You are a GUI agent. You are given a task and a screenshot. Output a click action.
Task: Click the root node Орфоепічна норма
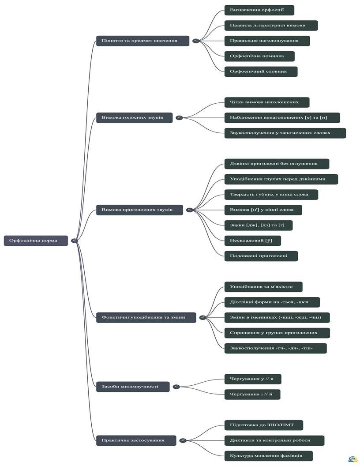tap(36, 241)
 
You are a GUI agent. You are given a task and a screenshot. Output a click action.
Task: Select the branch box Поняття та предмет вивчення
tap(142, 41)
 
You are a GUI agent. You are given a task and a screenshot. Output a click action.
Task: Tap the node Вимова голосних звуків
tap(134, 118)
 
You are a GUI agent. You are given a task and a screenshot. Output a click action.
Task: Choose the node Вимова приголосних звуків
tap(139, 210)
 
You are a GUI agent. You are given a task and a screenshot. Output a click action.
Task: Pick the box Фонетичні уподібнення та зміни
tap(146, 317)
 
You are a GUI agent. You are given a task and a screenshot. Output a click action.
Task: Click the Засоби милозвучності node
tap(133, 387)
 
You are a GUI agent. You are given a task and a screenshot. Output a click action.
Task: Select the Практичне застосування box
tap(136, 440)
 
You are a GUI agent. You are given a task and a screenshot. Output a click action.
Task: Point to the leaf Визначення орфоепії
tap(259, 10)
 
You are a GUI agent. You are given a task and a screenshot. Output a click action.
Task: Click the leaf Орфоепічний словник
tap(261, 71)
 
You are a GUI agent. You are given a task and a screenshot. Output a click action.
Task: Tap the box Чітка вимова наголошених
tap(267, 102)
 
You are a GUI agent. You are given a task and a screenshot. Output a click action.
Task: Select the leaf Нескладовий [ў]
tap(252, 241)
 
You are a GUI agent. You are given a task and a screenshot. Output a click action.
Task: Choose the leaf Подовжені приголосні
tap(261, 256)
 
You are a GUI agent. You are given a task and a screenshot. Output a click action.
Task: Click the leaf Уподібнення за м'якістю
tap(263, 287)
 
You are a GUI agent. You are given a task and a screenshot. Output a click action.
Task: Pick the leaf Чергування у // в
tap(253, 379)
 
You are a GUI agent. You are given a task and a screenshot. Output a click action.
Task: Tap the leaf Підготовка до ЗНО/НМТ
tap(264, 425)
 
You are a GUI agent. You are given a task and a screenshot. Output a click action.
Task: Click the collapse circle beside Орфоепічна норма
tap(75, 241)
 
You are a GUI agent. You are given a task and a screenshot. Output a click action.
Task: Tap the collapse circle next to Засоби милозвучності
tap(176, 387)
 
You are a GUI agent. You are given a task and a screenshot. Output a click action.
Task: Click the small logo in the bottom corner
tap(353, 459)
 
